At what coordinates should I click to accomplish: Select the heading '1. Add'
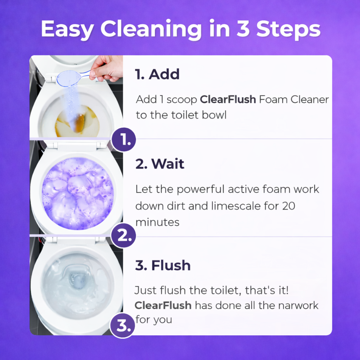pos(157,74)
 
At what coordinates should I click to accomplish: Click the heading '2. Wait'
pos(160,164)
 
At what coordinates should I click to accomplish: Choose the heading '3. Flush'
pos(163,265)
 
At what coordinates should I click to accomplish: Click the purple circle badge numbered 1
pos(124,141)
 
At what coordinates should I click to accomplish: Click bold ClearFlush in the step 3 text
pos(163,305)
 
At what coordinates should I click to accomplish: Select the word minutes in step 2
pos(157,222)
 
